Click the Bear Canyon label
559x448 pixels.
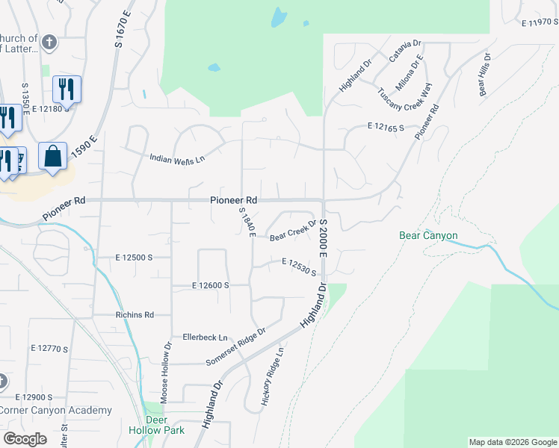point(428,236)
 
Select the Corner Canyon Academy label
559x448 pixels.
point(55,410)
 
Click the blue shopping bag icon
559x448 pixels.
point(52,157)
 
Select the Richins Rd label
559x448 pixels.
point(135,315)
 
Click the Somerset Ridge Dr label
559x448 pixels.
point(235,347)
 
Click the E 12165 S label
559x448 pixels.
point(386,128)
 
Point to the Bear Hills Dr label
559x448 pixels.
point(483,75)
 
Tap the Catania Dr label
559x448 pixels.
point(405,53)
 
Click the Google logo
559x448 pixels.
point(25,439)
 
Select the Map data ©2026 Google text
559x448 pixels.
point(512,441)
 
